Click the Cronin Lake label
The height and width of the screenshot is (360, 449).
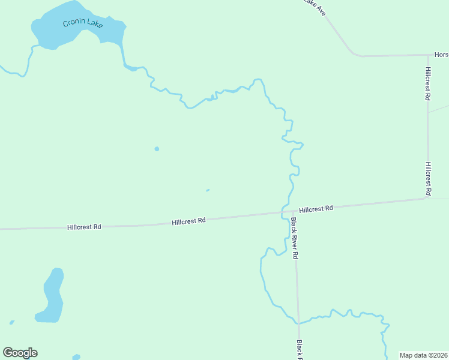coord(83,24)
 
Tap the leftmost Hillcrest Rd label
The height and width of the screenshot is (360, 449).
coord(84,227)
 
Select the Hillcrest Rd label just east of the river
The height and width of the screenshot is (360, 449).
coord(316,209)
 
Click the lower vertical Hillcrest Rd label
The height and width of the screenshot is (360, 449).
coord(428,178)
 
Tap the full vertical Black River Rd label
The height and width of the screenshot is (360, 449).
coord(294,238)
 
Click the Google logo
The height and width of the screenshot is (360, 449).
coord(20,353)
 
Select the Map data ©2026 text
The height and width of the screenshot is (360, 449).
coord(424,355)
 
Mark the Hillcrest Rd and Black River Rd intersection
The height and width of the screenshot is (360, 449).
coord(294,211)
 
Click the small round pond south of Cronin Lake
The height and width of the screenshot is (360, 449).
coord(157,149)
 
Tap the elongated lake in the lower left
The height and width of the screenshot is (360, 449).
coord(52,295)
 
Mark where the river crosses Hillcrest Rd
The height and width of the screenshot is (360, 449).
coord(282,212)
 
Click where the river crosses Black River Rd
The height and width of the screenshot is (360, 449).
coord(298,322)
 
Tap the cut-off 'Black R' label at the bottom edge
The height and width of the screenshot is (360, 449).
coord(300,350)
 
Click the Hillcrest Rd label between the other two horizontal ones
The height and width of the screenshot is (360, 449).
coord(188,221)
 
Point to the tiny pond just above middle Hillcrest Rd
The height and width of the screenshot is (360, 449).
coord(208,191)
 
